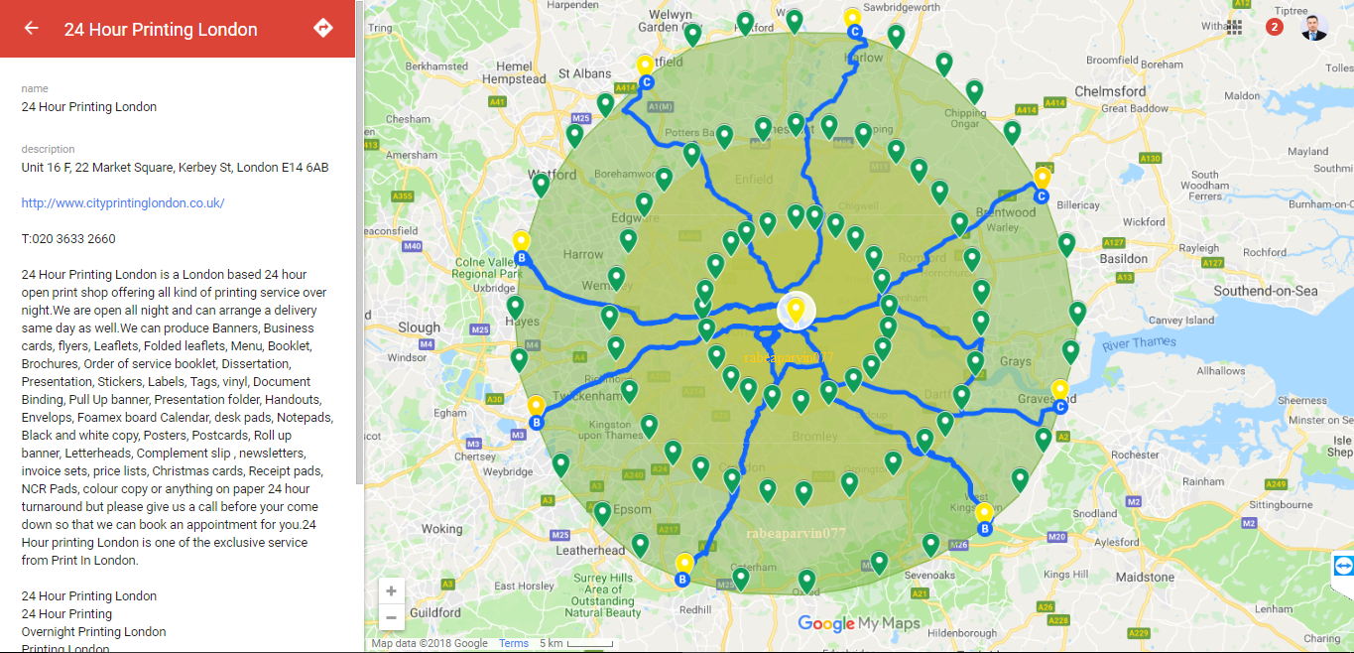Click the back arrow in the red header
click(32, 29)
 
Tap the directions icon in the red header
click(322, 28)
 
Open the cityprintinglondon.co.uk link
click(123, 203)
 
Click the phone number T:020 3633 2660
click(68, 239)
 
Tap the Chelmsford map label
click(1110, 90)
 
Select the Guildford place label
click(434, 612)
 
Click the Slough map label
click(419, 326)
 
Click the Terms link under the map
click(514, 643)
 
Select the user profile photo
click(1314, 27)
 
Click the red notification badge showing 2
click(1275, 27)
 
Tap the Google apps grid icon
click(1234, 27)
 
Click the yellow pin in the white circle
click(795, 310)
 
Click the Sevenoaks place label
click(929, 575)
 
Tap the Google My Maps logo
click(858, 623)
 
